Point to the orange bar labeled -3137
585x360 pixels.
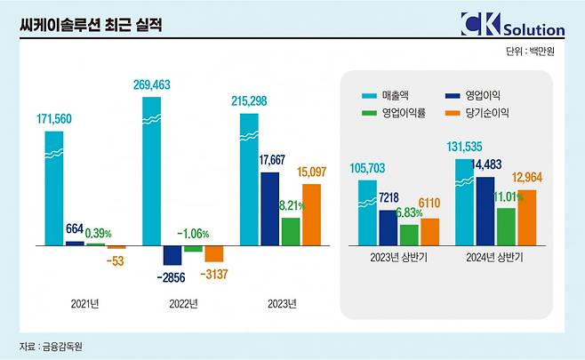(x=213, y=252)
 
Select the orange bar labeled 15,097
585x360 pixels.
(x=311, y=213)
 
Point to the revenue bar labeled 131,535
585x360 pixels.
(x=464, y=201)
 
